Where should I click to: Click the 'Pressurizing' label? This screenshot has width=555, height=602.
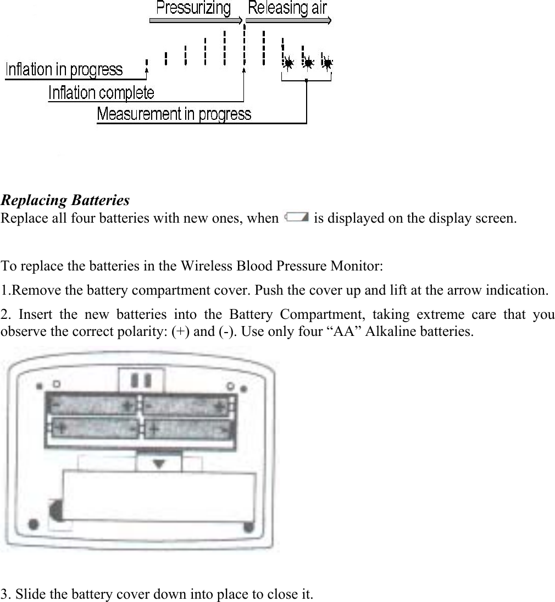[x=193, y=8]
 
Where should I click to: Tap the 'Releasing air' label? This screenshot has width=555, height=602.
[x=287, y=8]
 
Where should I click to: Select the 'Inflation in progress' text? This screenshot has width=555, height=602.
[x=64, y=70]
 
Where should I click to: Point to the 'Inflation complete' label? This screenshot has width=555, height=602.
[x=101, y=92]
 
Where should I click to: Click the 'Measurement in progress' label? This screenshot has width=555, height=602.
[x=174, y=114]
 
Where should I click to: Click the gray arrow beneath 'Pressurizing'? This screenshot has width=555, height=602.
[x=196, y=20]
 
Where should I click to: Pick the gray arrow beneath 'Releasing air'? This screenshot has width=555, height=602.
[x=288, y=20]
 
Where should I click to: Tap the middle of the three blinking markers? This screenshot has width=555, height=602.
[x=308, y=63]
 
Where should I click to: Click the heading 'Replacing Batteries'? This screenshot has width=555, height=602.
[x=65, y=200]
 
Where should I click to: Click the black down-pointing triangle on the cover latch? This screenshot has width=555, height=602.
[x=159, y=464]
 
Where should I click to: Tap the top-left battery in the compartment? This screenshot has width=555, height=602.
[x=92, y=406]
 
